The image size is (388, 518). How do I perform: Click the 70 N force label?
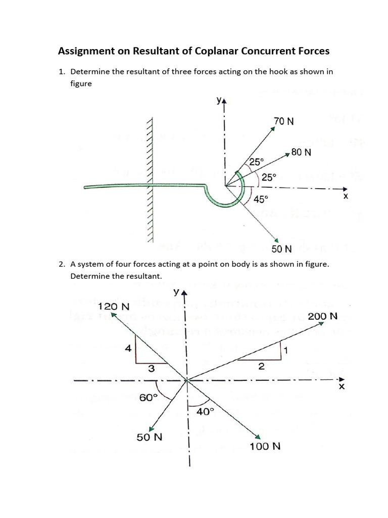(283, 121)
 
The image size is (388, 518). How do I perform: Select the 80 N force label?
(301, 151)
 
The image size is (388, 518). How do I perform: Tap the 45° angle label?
(260, 199)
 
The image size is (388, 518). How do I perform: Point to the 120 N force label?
(114, 307)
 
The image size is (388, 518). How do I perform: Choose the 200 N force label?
(322, 316)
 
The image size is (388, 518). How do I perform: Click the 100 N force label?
(265, 446)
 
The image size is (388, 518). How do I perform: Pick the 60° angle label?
(146, 398)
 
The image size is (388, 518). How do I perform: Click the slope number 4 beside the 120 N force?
(128, 348)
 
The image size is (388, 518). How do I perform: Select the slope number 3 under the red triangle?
(151, 369)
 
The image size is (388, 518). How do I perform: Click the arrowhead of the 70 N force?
(273, 128)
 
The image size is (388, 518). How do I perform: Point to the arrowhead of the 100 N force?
(257, 437)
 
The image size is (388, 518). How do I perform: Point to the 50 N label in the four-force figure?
(150, 437)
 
